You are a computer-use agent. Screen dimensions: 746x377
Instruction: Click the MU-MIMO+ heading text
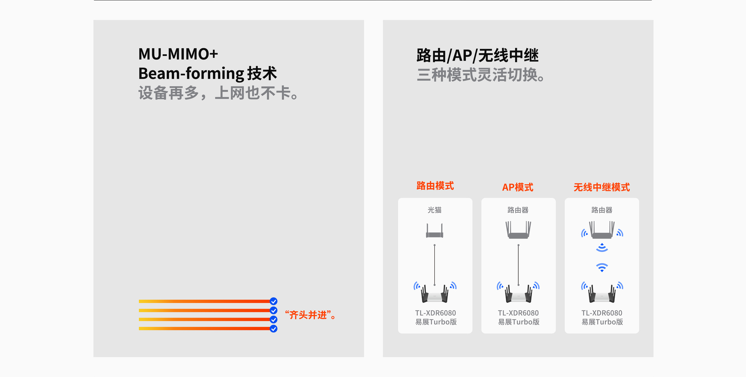click(x=178, y=54)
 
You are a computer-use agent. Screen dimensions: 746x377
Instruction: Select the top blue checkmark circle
click(x=274, y=301)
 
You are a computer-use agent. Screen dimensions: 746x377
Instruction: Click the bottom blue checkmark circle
click(x=274, y=329)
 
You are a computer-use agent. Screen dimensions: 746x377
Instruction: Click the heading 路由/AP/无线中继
click(x=478, y=56)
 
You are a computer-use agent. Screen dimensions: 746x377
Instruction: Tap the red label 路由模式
click(x=435, y=186)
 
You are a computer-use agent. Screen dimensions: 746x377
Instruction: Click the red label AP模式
click(x=518, y=187)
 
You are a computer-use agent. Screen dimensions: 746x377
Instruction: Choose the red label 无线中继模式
click(x=602, y=187)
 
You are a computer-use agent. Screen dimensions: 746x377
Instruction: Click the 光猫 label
click(x=435, y=210)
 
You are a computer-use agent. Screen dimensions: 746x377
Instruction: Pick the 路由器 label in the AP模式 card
click(x=518, y=210)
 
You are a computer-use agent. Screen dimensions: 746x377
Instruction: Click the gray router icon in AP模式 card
click(x=518, y=230)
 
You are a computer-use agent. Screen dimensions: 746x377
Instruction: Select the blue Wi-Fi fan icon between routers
click(x=602, y=267)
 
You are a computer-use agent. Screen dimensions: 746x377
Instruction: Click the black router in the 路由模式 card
click(x=435, y=294)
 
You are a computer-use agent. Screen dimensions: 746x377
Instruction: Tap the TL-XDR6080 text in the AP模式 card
click(x=518, y=313)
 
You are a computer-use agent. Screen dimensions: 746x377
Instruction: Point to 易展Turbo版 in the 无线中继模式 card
click(x=602, y=322)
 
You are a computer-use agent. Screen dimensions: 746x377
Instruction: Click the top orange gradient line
click(x=204, y=301)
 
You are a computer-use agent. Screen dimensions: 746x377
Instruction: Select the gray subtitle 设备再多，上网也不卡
click(x=218, y=93)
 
